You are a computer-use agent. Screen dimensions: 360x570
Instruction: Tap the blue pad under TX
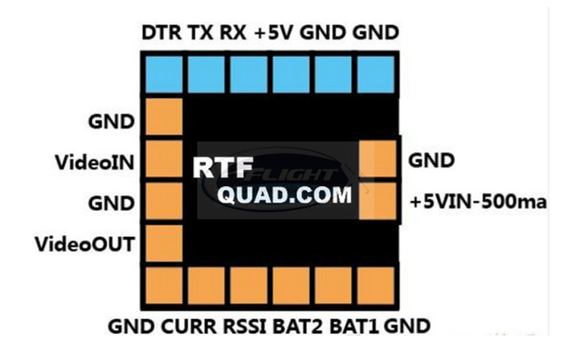coord(206,73)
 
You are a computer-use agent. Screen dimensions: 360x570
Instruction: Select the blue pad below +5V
coord(291,73)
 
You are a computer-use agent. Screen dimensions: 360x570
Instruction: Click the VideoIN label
coord(95,162)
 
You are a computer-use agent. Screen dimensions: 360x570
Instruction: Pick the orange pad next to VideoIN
coord(163,159)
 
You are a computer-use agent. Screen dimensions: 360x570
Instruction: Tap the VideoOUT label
coord(85,244)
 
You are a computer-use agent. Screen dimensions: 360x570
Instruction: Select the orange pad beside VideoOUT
coord(163,242)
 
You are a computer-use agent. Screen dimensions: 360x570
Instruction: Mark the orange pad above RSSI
coord(249,287)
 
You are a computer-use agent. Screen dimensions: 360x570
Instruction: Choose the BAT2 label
coord(299,327)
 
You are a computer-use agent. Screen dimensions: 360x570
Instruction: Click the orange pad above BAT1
coord(334,287)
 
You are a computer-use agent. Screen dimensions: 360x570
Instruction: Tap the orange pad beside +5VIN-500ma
coord(378,200)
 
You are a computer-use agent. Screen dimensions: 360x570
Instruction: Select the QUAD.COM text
coord(286,195)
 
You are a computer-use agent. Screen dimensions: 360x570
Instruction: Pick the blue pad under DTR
coord(163,73)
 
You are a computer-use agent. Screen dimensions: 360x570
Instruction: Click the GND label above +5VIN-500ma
coord(431,161)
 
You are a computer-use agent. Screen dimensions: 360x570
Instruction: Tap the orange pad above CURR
coord(206,287)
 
